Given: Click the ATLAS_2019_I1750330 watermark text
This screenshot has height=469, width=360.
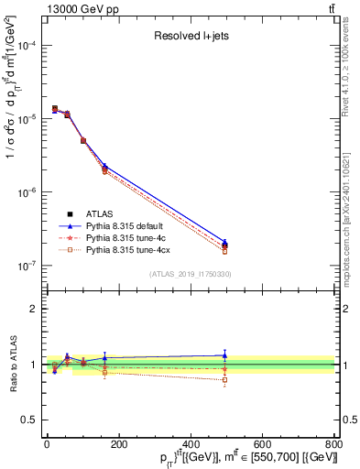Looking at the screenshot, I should click(191, 274).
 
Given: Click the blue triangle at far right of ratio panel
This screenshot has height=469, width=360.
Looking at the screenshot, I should click(224, 355).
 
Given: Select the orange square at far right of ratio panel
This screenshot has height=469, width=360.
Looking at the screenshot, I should click(224, 379).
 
